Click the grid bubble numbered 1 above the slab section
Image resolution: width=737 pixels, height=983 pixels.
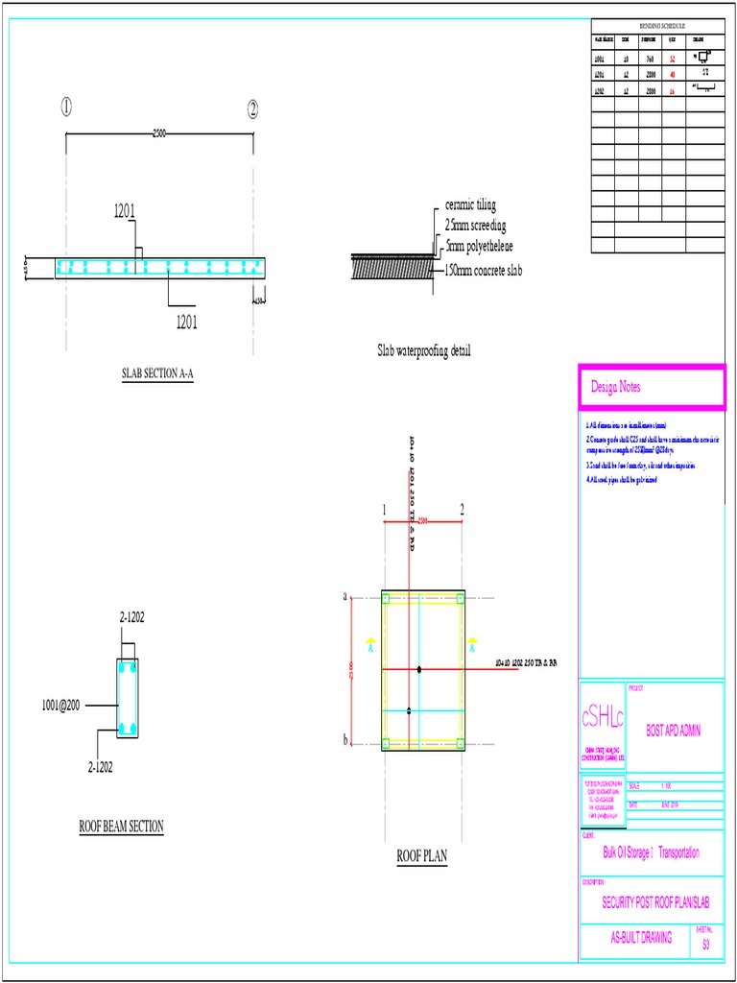coord(65,108)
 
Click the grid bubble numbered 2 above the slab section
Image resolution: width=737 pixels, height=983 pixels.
coord(253,108)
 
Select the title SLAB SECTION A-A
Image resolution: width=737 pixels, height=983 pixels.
coord(157,374)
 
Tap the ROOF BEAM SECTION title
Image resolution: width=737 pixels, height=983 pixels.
coord(121,826)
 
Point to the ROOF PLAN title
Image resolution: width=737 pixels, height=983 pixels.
coord(422,856)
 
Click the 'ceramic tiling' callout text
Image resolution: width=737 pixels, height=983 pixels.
coord(470,205)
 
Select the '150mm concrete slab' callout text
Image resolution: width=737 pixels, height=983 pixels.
coord(484,271)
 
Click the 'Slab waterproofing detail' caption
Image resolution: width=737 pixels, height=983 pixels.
coord(423,351)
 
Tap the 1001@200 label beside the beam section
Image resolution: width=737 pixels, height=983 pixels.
coord(60,705)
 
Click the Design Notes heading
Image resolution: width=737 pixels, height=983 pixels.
coord(616,387)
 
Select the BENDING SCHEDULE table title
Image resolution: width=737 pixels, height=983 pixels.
coord(656,25)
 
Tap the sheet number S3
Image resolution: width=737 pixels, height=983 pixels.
coord(706,944)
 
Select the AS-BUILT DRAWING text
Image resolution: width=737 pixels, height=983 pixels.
coord(642,937)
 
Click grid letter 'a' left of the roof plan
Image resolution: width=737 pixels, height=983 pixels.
coord(345,596)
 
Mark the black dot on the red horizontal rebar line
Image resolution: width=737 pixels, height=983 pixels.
coord(419,669)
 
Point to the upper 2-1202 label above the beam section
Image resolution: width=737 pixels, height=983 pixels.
coord(131,616)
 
